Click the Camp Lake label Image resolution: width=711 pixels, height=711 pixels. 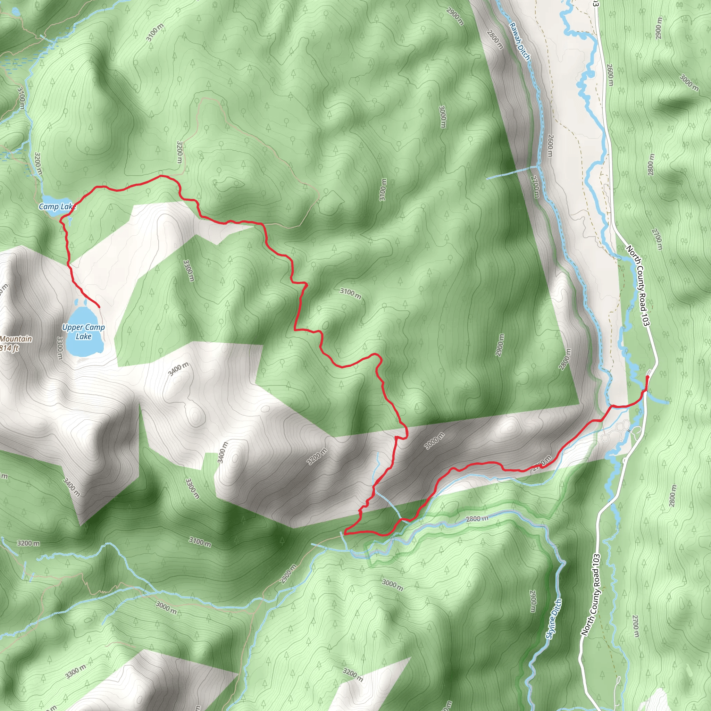coord(57,207)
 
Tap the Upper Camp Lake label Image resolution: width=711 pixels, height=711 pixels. coord(84,332)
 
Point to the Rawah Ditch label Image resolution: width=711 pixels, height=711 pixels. coord(520,41)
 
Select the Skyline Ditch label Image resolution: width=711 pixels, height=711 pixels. coord(553,619)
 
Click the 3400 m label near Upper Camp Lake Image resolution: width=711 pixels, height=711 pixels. coord(178,369)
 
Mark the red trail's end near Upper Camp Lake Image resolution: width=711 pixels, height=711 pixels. coord(99,307)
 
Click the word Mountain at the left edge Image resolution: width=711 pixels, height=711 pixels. coord(16,338)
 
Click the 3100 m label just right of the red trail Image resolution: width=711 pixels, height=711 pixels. coord(350,293)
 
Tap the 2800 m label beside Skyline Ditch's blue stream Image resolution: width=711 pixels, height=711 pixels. coord(477,519)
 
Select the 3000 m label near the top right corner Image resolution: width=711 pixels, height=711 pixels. coord(688,83)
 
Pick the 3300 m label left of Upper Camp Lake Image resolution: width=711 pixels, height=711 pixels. coord(60,348)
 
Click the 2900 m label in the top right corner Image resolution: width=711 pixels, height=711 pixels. coord(659,28)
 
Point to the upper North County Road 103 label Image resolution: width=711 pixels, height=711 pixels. coord(637,286)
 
